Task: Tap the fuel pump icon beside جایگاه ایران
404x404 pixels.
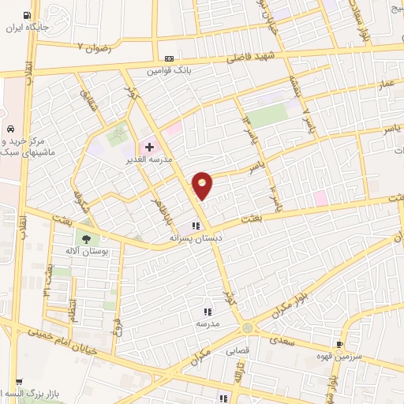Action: point(28,16)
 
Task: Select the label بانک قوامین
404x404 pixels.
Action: point(168,70)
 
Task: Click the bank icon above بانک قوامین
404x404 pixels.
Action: point(169,58)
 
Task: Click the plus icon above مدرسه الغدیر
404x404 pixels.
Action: point(149,148)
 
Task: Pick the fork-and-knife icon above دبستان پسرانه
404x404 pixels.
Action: point(194,225)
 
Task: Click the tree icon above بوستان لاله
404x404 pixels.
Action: point(85,238)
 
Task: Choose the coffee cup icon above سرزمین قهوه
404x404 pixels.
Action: point(339,344)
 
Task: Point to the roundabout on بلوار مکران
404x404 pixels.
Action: point(249,327)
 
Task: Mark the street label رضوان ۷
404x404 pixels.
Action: point(95,48)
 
